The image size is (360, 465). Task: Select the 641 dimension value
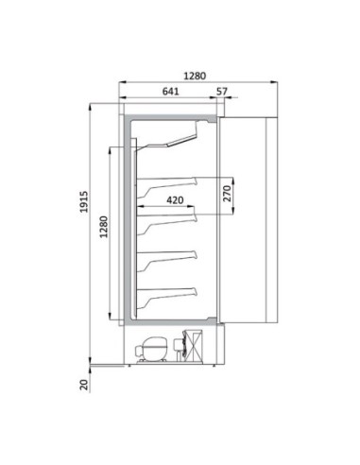click(x=170, y=92)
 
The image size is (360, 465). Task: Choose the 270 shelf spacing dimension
click(x=226, y=196)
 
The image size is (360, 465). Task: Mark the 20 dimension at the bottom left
click(x=84, y=383)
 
